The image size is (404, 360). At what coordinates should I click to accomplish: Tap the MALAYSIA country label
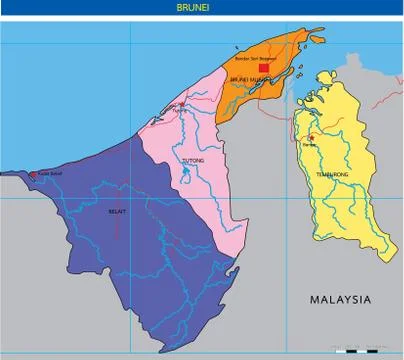tap(340, 299)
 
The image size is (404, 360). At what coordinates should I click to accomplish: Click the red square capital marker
tap(263, 68)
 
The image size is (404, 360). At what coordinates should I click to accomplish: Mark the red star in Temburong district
tap(312, 138)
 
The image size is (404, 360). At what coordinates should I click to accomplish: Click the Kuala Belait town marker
tap(33, 175)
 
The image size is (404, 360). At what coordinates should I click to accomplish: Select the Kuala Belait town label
tap(46, 180)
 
